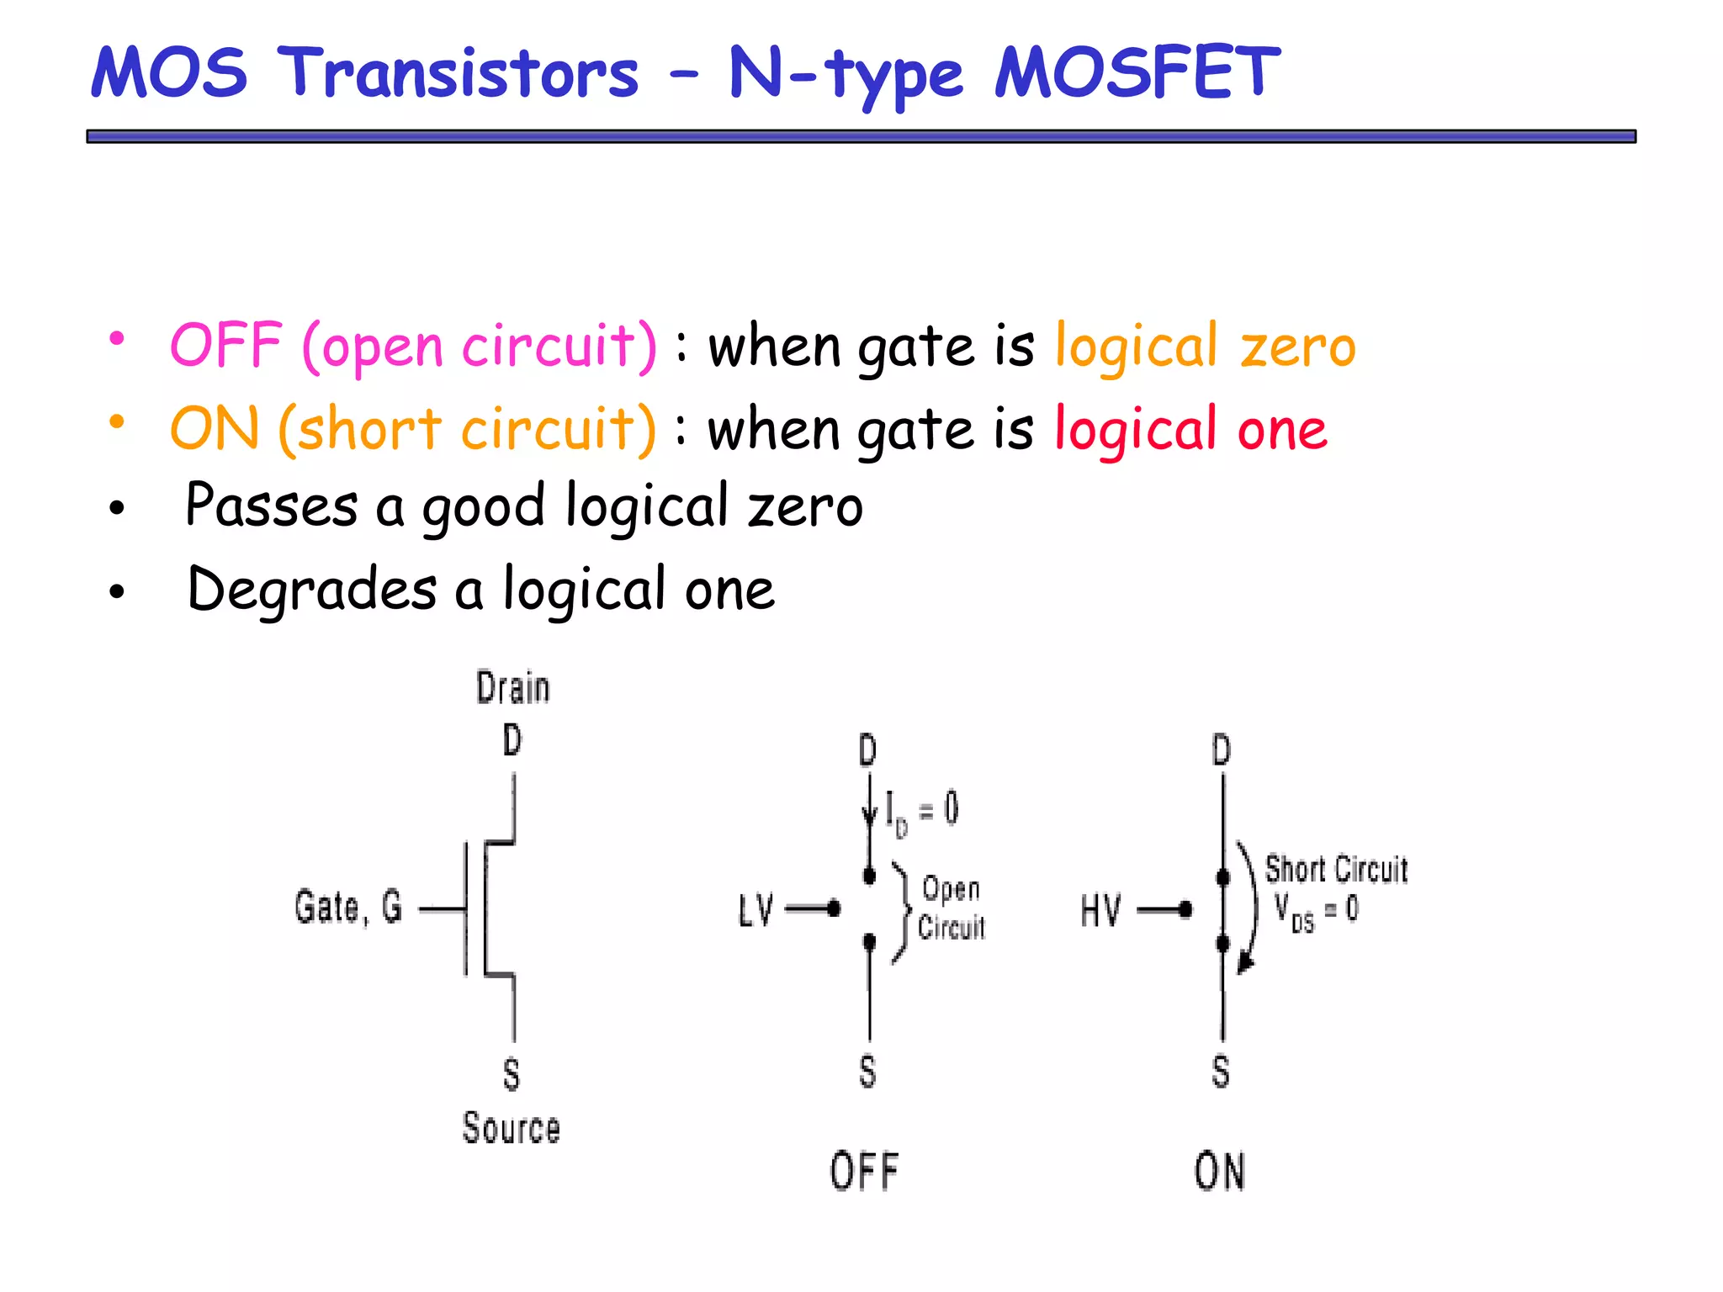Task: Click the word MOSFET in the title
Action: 1137,72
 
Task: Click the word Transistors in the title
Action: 458,72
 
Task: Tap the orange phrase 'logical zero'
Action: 1205,347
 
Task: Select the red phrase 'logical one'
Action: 1190,429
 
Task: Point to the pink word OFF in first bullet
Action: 225,345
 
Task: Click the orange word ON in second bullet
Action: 215,428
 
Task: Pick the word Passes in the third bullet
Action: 271,506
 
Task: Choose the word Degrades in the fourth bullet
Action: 312,589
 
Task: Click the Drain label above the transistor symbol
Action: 512,687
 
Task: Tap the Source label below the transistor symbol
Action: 511,1128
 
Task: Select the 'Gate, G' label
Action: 348,908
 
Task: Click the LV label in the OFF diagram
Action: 755,910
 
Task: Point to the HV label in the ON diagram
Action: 1100,910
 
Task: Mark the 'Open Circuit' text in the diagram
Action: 951,908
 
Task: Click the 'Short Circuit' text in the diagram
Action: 1336,869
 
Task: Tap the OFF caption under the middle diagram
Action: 864,1172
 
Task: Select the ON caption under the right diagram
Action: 1219,1172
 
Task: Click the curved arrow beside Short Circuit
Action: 1251,908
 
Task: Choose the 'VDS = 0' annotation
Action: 1316,911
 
